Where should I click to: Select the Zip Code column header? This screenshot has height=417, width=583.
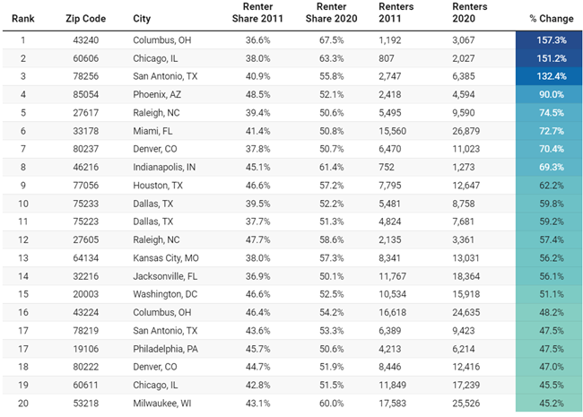(x=87, y=18)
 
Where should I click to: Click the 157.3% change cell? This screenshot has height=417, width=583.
(x=547, y=41)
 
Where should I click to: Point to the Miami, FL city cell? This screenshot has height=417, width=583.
(x=152, y=130)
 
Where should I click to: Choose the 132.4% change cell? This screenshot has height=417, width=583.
(x=547, y=77)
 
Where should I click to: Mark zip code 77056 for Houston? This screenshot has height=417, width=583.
(x=87, y=184)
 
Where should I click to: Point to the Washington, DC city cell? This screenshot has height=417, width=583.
(x=167, y=292)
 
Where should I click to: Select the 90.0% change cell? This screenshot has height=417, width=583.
(x=547, y=94)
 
